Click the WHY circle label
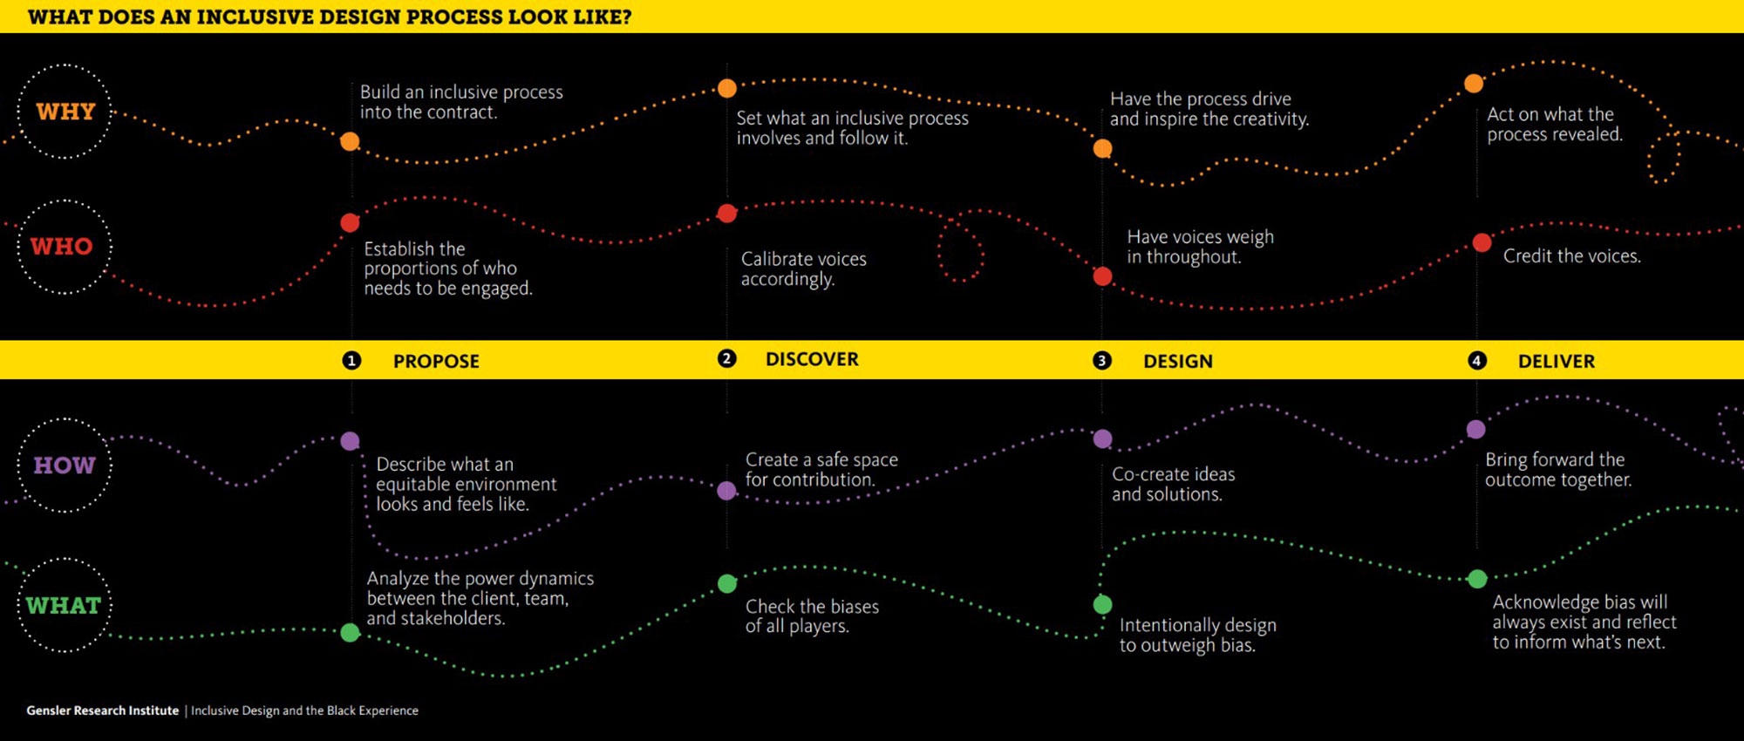tap(65, 112)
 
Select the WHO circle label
tap(62, 247)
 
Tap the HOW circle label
tap(65, 465)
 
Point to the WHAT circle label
tap(64, 605)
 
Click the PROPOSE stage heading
tap(436, 361)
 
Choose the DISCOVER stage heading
tap(812, 359)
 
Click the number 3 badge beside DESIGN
tap(1102, 360)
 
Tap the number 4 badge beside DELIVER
tap(1477, 360)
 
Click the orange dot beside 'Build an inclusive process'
tap(350, 141)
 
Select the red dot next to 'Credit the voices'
tap(1482, 242)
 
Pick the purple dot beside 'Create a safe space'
tap(726, 491)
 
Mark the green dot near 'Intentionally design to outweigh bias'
tap(1102, 604)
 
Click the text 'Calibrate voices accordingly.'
tap(803, 269)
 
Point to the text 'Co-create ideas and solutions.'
tap(1173, 484)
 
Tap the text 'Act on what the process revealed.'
tap(1554, 124)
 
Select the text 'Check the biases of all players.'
tap(812, 615)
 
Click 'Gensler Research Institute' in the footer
tap(102, 710)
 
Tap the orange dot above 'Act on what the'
tap(1474, 84)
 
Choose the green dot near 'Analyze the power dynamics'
tap(350, 632)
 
